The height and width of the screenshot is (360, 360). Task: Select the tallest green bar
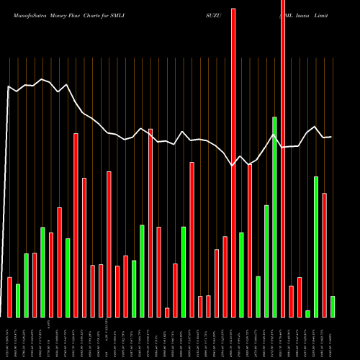tap(274, 216)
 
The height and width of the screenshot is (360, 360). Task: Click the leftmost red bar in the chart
tap(10, 297)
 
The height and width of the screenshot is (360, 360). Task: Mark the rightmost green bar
tap(332, 306)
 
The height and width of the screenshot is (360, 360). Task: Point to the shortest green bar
tap(307, 313)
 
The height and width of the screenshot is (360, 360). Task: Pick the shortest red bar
tap(167, 312)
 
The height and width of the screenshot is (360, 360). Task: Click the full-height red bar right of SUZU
tap(233, 158)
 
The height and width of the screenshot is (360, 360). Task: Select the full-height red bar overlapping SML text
tap(283, 158)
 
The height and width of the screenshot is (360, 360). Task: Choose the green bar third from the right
tap(307, 313)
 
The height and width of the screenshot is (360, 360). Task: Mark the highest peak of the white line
tap(42, 79)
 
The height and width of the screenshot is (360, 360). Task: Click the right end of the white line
tap(331, 137)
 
